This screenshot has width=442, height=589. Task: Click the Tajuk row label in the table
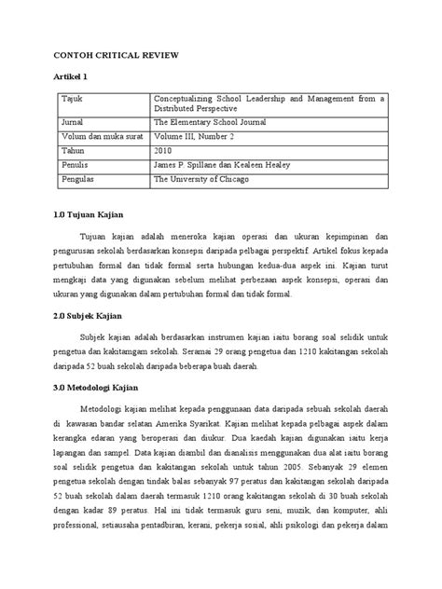pyautogui.click(x=72, y=97)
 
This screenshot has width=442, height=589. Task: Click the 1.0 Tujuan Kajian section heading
pyautogui.click(x=97, y=217)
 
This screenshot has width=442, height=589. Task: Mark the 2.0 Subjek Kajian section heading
pyautogui.click(x=98, y=317)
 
